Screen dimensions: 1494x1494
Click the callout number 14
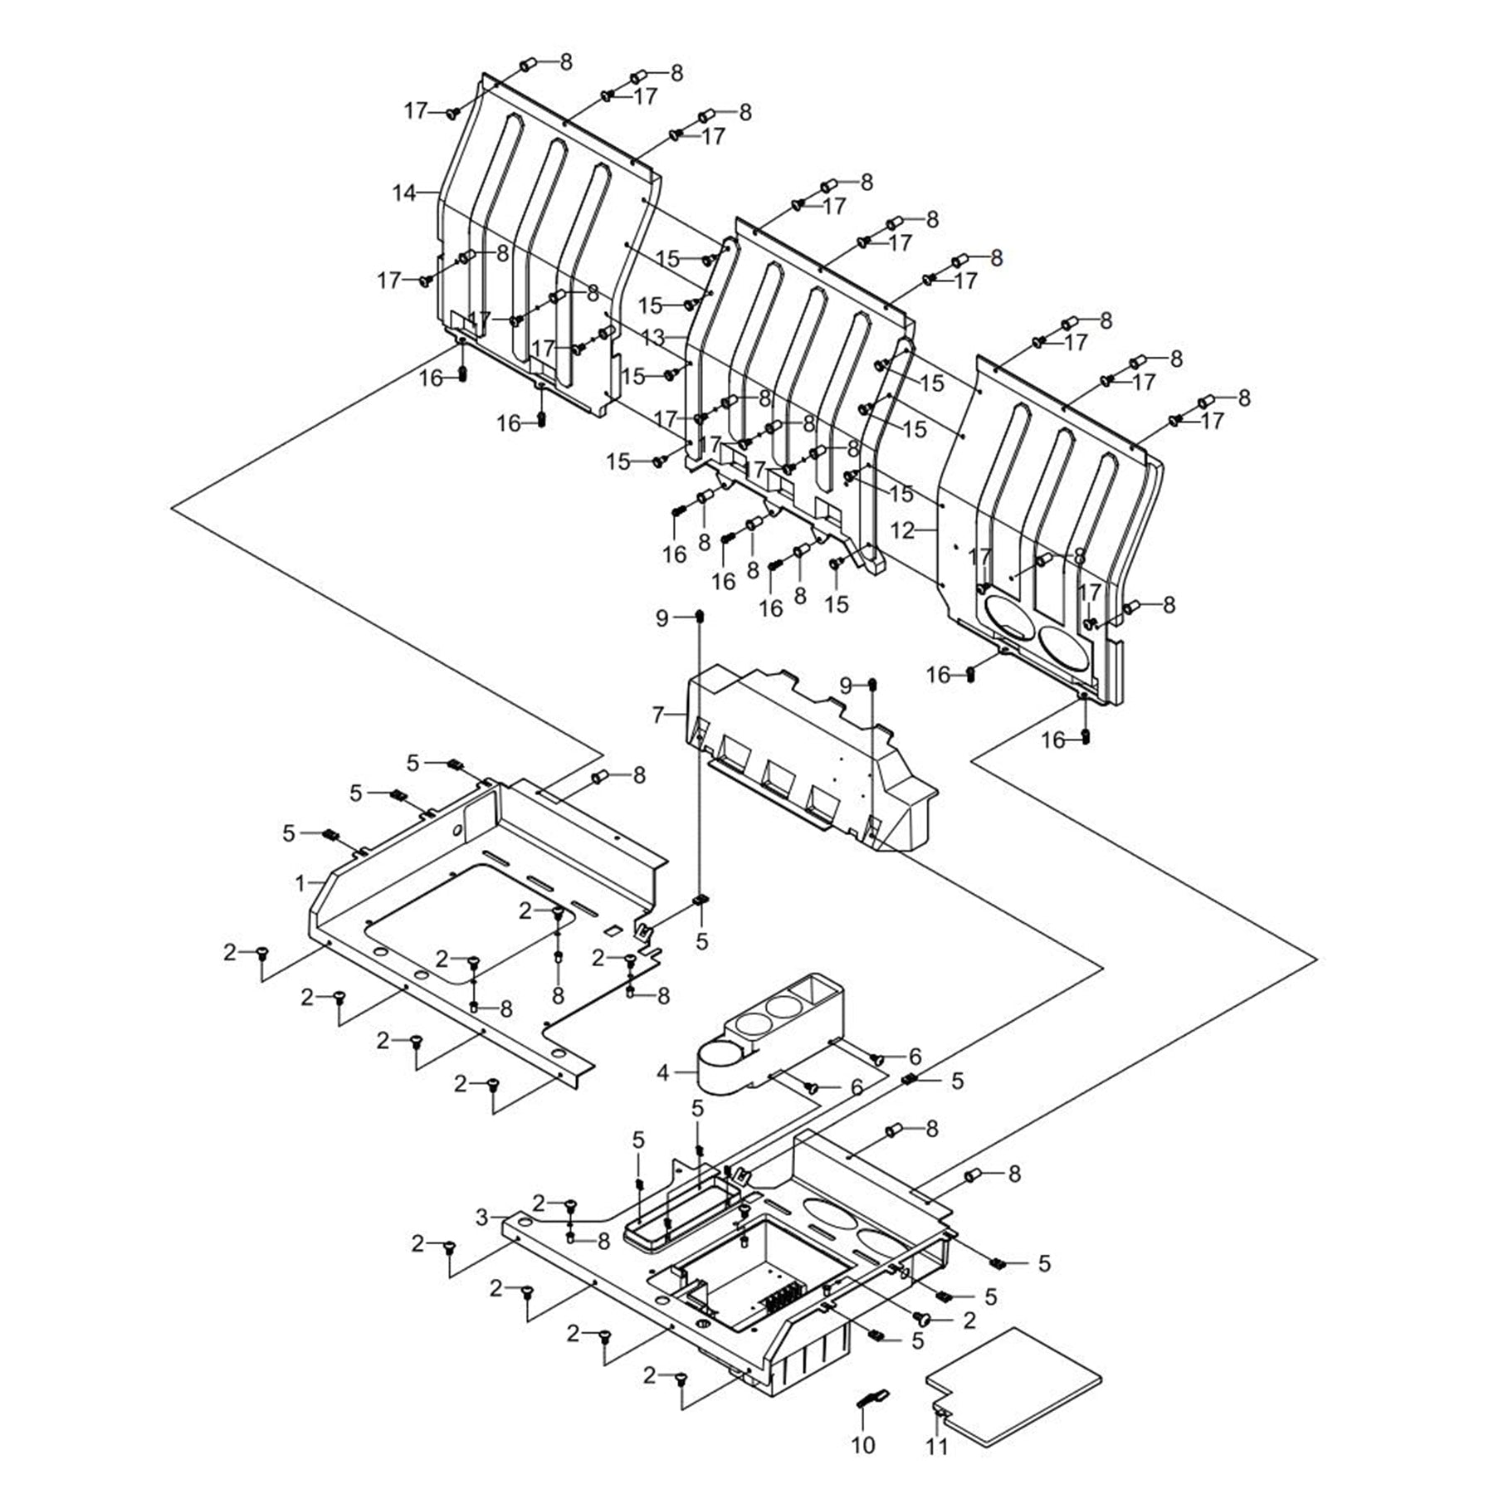click(x=403, y=193)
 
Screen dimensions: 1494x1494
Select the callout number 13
click(x=653, y=338)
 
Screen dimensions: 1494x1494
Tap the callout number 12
click(x=902, y=530)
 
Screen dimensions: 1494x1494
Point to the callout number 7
click(x=658, y=715)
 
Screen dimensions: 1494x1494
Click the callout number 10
click(x=863, y=1445)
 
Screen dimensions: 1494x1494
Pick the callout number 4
click(x=662, y=1073)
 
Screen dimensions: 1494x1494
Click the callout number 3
click(x=482, y=1218)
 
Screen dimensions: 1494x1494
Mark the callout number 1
click(x=300, y=884)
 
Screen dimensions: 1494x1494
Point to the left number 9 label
click(x=662, y=618)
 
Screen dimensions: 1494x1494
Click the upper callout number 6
click(x=915, y=1057)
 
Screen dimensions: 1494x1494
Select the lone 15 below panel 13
click(x=837, y=603)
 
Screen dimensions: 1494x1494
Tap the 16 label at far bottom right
click(x=1052, y=740)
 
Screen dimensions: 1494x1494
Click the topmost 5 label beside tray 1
click(x=413, y=762)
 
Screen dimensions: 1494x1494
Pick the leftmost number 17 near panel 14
click(x=388, y=281)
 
